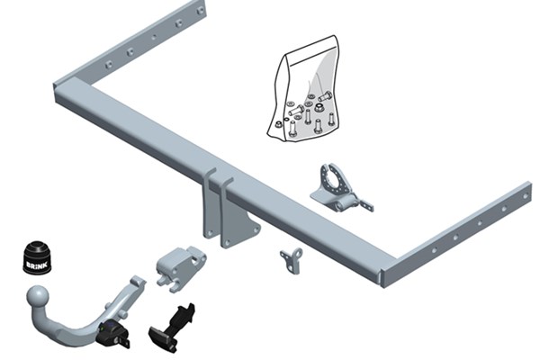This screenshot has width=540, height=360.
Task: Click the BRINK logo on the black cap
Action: [37, 265]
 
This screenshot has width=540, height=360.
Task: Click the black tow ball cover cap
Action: [37, 257]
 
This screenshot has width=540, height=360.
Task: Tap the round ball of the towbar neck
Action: [38, 297]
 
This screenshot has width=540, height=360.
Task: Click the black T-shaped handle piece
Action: [173, 328]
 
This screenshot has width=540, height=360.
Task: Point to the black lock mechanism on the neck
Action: [113, 332]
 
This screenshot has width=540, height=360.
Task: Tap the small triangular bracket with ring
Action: [292, 260]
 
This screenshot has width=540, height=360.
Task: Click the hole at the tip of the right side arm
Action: [526, 196]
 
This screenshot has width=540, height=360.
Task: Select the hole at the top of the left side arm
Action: [200, 12]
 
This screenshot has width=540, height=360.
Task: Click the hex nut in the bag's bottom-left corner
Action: [277, 124]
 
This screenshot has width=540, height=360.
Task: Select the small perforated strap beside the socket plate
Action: [365, 205]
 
